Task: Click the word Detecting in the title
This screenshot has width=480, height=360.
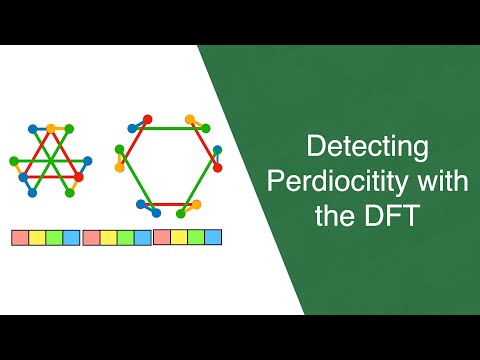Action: tap(367, 147)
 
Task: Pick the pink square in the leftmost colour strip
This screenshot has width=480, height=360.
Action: tap(19, 238)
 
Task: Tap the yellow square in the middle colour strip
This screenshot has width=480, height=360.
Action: tap(108, 238)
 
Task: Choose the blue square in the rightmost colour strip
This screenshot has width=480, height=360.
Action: tap(213, 237)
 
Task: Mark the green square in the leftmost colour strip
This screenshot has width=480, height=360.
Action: tap(54, 238)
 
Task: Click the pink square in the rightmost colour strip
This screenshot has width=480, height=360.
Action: tap(161, 237)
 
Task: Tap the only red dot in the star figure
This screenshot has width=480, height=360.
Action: tap(77, 177)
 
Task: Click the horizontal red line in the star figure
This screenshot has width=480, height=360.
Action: tap(50, 177)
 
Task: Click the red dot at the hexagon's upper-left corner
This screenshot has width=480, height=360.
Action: tap(147, 119)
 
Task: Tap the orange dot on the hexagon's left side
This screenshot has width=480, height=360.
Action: tap(120, 167)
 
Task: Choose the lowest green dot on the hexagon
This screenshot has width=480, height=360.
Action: tap(179, 212)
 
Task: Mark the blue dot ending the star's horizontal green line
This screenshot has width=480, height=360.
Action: tap(88, 160)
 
